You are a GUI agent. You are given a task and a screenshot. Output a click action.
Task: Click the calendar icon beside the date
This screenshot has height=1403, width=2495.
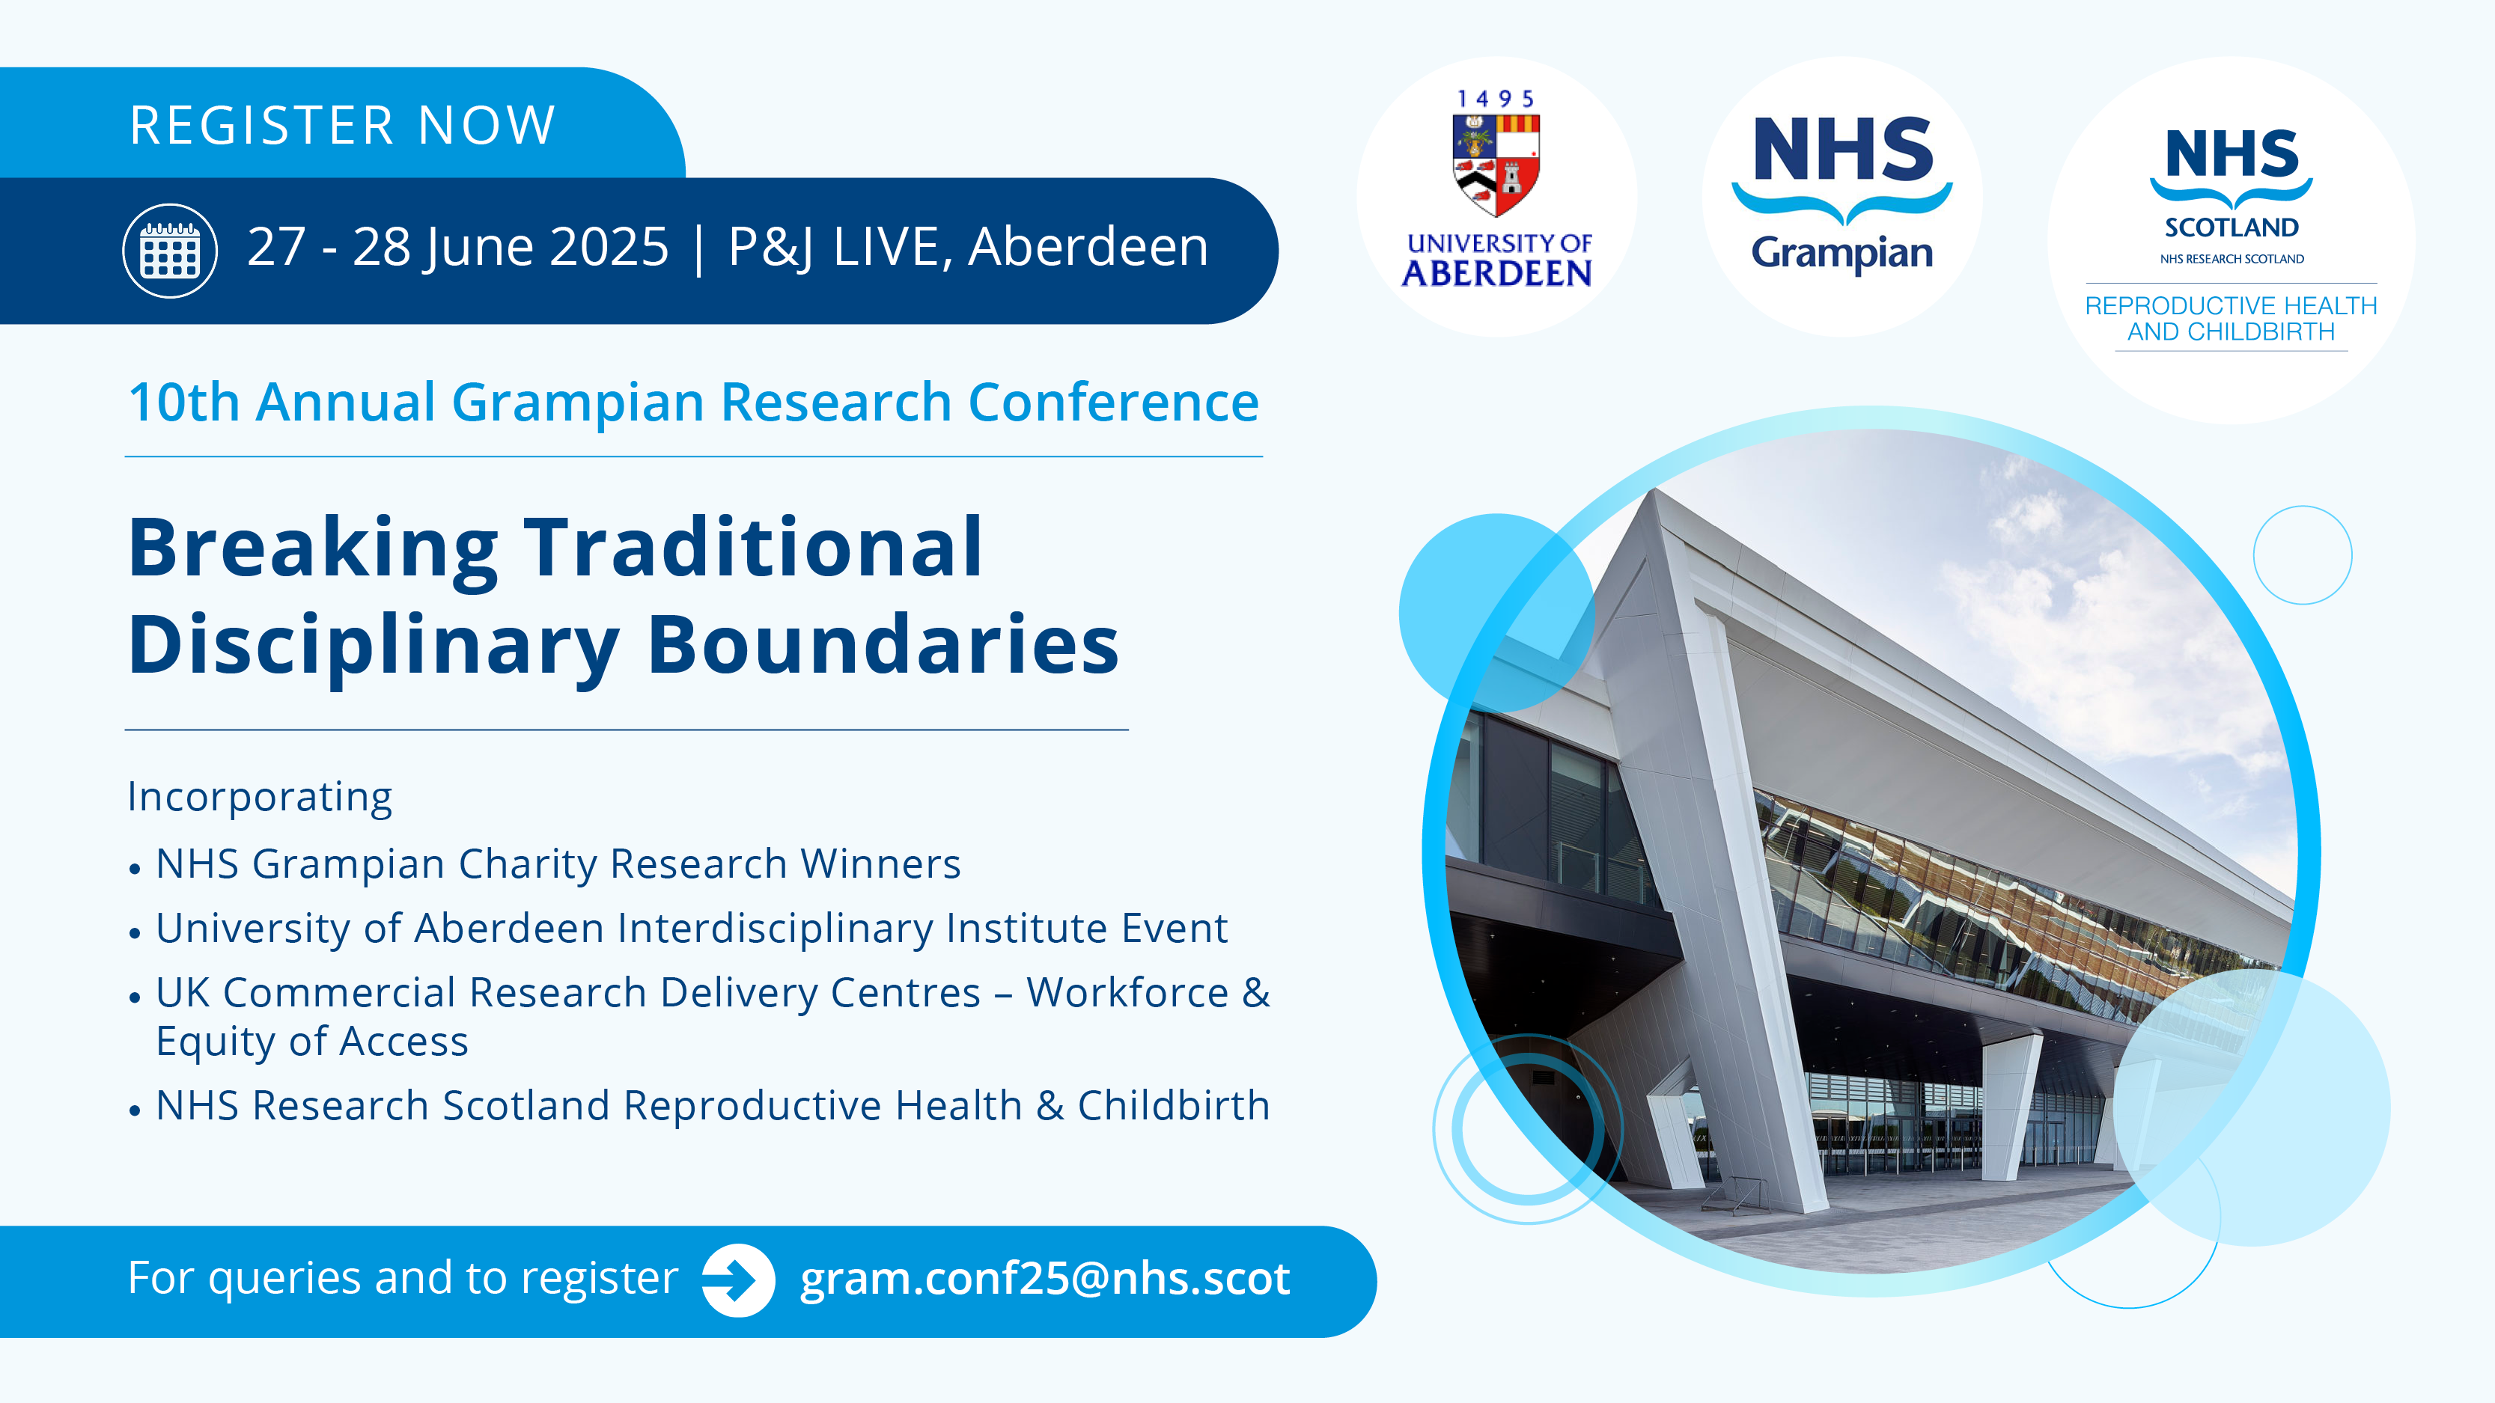pos(169,251)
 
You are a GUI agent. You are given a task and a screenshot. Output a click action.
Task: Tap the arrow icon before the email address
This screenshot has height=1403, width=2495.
pos(738,1280)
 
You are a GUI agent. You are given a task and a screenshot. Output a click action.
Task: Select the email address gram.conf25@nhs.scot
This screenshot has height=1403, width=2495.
pos(1045,1279)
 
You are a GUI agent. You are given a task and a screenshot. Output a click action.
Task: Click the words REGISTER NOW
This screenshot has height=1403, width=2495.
pos(343,125)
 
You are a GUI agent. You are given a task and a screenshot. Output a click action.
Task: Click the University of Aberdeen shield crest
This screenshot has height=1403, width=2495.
pos(1496,165)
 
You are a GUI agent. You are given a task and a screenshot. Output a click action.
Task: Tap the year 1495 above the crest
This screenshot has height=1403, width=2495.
pos(1496,99)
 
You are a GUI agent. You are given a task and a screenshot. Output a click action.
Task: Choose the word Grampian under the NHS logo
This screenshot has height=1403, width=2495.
pos(1842,253)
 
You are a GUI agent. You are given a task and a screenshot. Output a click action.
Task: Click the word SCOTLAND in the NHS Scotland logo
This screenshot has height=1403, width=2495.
pos(2232,227)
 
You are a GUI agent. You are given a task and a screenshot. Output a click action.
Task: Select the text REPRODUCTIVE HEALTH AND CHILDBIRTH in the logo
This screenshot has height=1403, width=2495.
pos(2232,319)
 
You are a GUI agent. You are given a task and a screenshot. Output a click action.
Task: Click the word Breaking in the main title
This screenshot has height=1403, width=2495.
pos(314,550)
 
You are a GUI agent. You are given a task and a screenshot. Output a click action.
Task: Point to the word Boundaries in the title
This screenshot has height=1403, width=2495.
pos(883,645)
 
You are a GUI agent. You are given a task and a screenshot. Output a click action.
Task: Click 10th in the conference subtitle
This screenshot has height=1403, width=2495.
pos(184,402)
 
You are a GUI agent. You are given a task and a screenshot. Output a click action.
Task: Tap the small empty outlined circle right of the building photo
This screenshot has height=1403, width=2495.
pos(2303,554)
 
